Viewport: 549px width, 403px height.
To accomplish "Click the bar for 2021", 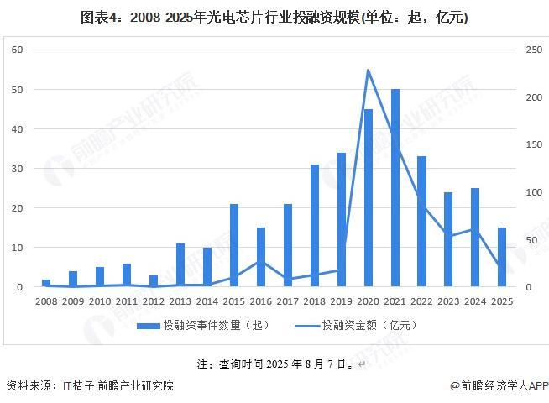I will pyautogui.click(x=395, y=188).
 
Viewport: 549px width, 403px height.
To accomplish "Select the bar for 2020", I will pyautogui.click(x=368, y=198).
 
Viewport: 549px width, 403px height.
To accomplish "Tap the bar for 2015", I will pyautogui.click(x=234, y=245).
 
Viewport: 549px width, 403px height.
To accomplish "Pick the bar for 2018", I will pyautogui.click(x=315, y=226).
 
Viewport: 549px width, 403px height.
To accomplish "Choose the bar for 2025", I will pyautogui.click(x=502, y=257).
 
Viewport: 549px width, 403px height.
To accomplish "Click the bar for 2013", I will pyautogui.click(x=180, y=265).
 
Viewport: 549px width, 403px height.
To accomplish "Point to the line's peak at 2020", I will pyautogui.click(x=368, y=70).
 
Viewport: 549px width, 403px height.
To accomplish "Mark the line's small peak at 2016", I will pyautogui.click(x=261, y=260).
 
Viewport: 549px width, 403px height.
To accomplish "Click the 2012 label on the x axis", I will pyautogui.click(x=154, y=301).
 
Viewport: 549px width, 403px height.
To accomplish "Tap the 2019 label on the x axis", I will pyautogui.click(x=341, y=301).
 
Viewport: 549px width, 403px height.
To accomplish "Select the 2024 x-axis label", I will pyautogui.click(x=475, y=301).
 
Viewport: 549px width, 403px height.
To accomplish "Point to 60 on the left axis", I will pyautogui.click(x=17, y=50).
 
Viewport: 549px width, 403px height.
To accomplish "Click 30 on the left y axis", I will pyautogui.click(x=17, y=169).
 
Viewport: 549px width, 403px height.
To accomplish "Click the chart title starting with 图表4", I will pyautogui.click(x=274, y=18).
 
